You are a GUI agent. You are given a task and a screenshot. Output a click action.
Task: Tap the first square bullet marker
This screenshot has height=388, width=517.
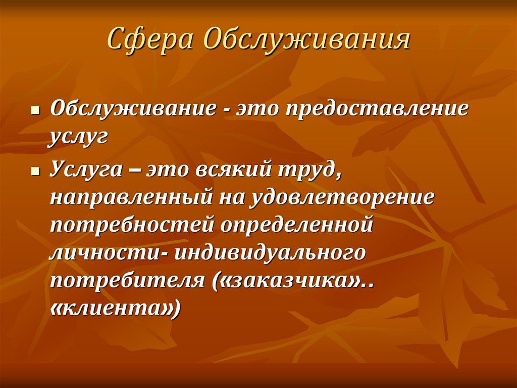click(x=35, y=110)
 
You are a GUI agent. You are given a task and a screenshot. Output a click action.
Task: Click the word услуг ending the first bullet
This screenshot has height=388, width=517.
click(x=79, y=137)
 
